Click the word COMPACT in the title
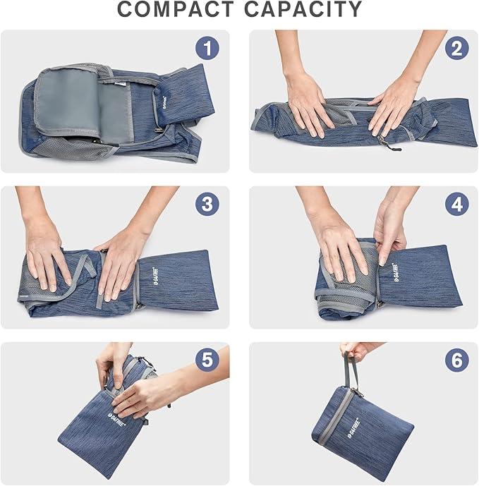[x=176, y=10]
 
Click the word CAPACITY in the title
[x=305, y=10]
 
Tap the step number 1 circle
[x=207, y=48]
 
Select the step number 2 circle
[x=456, y=48]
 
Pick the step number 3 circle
[x=207, y=205]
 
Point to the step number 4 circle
[x=456, y=205]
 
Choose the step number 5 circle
[x=207, y=360]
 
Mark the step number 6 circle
[x=456, y=360]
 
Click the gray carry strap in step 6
[x=349, y=374]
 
